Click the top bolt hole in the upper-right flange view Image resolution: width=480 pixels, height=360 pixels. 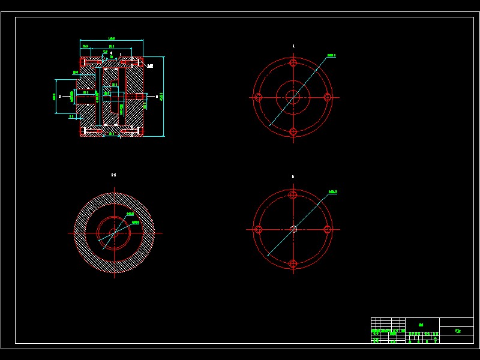click(293, 62)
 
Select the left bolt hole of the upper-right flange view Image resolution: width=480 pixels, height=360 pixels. click(258, 97)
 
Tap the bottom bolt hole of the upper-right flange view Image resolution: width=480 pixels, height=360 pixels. click(293, 132)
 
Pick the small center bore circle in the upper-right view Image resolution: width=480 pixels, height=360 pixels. click(293, 97)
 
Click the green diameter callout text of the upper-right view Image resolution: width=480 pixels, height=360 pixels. click(331, 55)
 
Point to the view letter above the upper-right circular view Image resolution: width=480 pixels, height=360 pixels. click(293, 46)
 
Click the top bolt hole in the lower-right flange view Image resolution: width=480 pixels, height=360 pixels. click(293, 194)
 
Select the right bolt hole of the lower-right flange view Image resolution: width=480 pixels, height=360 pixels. click(328, 229)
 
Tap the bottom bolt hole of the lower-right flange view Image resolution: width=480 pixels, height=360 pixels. click(293, 264)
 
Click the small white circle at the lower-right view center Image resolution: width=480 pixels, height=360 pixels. click(293, 229)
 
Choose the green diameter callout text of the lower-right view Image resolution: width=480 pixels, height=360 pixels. click(332, 192)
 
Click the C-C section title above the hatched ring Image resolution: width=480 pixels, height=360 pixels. click(114, 175)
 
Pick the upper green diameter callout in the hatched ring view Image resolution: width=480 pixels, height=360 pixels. click(130, 214)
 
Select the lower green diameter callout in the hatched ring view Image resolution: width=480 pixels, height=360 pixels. click(136, 222)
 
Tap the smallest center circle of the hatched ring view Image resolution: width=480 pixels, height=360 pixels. click(114, 233)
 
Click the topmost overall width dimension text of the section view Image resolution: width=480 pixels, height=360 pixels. click(112, 38)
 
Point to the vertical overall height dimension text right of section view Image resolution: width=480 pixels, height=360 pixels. click(161, 97)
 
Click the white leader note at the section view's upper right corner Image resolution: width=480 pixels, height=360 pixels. click(150, 66)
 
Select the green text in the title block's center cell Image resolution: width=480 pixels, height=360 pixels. click(421, 325)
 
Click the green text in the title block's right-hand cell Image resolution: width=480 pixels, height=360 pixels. click(458, 331)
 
